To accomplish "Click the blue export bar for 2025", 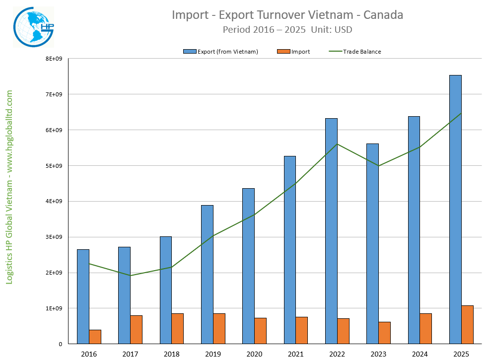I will pyautogui.click(x=455, y=209).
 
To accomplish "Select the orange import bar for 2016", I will pyautogui.click(x=95, y=337).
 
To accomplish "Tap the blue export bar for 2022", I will pyautogui.click(x=331, y=231).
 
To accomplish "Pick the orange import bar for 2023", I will pyautogui.click(x=384, y=333).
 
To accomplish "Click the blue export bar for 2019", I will pyautogui.click(x=207, y=274).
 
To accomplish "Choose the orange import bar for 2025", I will pyautogui.click(x=467, y=324).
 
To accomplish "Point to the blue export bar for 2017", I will pyautogui.click(x=124, y=295).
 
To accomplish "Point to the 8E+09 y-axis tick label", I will pyautogui.click(x=54, y=59).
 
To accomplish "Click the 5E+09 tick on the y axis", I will pyautogui.click(x=54, y=166).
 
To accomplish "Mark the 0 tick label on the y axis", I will pyautogui.click(x=60, y=344).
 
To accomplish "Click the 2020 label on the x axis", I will pyautogui.click(x=254, y=354).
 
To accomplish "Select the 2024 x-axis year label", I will pyautogui.click(x=420, y=354).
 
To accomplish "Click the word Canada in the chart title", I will pyautogui.click(x=383, y=15).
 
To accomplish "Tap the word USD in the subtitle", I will pyautogui.click(x=343, y=30).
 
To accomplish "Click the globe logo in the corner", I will pyautogui.click(x=33, y=27).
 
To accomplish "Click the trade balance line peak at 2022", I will pyautogui.click(x=337, y=144).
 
